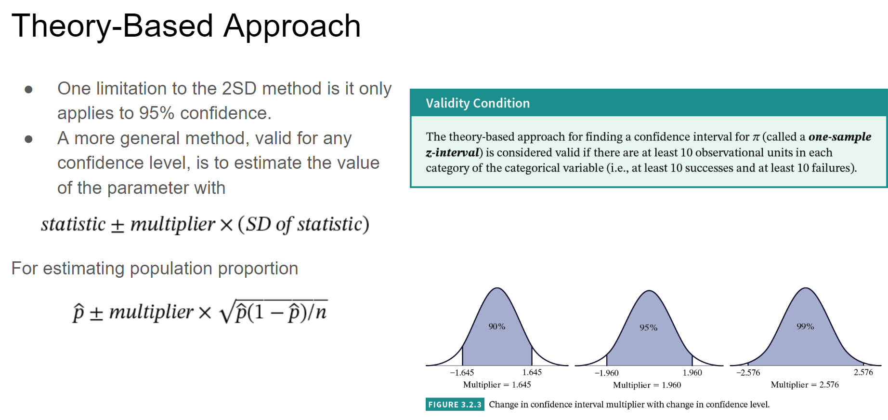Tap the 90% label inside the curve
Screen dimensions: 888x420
[497, 326]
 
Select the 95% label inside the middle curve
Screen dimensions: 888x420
[648, 327]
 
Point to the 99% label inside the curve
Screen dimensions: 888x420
[805, 326]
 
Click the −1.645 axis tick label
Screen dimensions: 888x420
[462, 373]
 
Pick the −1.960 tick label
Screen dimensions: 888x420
[606, 373]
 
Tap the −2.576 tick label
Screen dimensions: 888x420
[748, 373]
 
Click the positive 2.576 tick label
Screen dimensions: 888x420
[863, 372]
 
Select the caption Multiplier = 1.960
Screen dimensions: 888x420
[647, 385]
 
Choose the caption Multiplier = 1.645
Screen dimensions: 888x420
[497, 385]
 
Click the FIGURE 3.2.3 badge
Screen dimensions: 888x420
[455, 405]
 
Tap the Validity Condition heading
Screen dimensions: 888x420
[478, 103]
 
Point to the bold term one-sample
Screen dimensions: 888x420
[840, 137]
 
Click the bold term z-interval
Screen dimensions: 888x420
[453, 153]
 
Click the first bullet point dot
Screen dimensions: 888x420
[28, 89]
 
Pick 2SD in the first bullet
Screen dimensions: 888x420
[239, 89]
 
